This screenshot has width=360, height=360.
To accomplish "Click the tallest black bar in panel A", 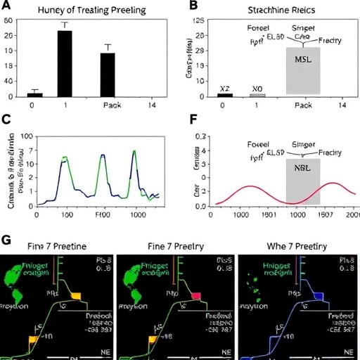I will tap(65, 63).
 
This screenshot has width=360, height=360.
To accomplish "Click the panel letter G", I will tap(6, 240).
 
